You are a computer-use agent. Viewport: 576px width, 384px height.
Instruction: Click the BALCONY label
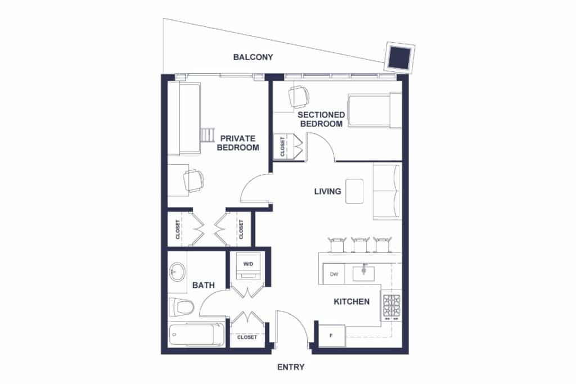(253, 57)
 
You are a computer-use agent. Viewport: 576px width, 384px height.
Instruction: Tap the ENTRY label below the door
(291, 367)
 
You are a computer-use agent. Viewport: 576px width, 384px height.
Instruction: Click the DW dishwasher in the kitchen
(334, 274)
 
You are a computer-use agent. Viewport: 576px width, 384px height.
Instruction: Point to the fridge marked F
(332, 336)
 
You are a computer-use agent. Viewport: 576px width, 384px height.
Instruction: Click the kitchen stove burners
(391, 306)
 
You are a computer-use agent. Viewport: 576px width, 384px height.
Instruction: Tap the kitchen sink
(364, 272)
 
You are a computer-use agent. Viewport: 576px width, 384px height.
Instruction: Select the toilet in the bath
(181, 307)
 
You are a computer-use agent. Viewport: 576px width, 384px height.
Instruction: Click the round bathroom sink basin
(178, 272)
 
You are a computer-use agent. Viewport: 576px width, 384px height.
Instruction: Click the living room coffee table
(354, 191)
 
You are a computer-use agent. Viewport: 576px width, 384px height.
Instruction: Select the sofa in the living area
(387, 192)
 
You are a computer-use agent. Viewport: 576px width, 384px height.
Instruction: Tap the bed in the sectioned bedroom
(375, 111)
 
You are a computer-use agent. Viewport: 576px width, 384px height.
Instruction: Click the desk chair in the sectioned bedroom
(298, 97)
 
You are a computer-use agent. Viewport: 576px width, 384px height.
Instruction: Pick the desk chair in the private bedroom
(193, 180)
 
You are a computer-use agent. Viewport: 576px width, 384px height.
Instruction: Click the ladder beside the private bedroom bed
(207, 135)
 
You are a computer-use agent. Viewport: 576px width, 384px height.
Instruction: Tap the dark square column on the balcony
(399, 58)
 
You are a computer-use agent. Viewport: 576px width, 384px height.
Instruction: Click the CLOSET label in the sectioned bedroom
(282, 147)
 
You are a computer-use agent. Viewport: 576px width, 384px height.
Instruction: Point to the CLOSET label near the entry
(247, 337)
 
